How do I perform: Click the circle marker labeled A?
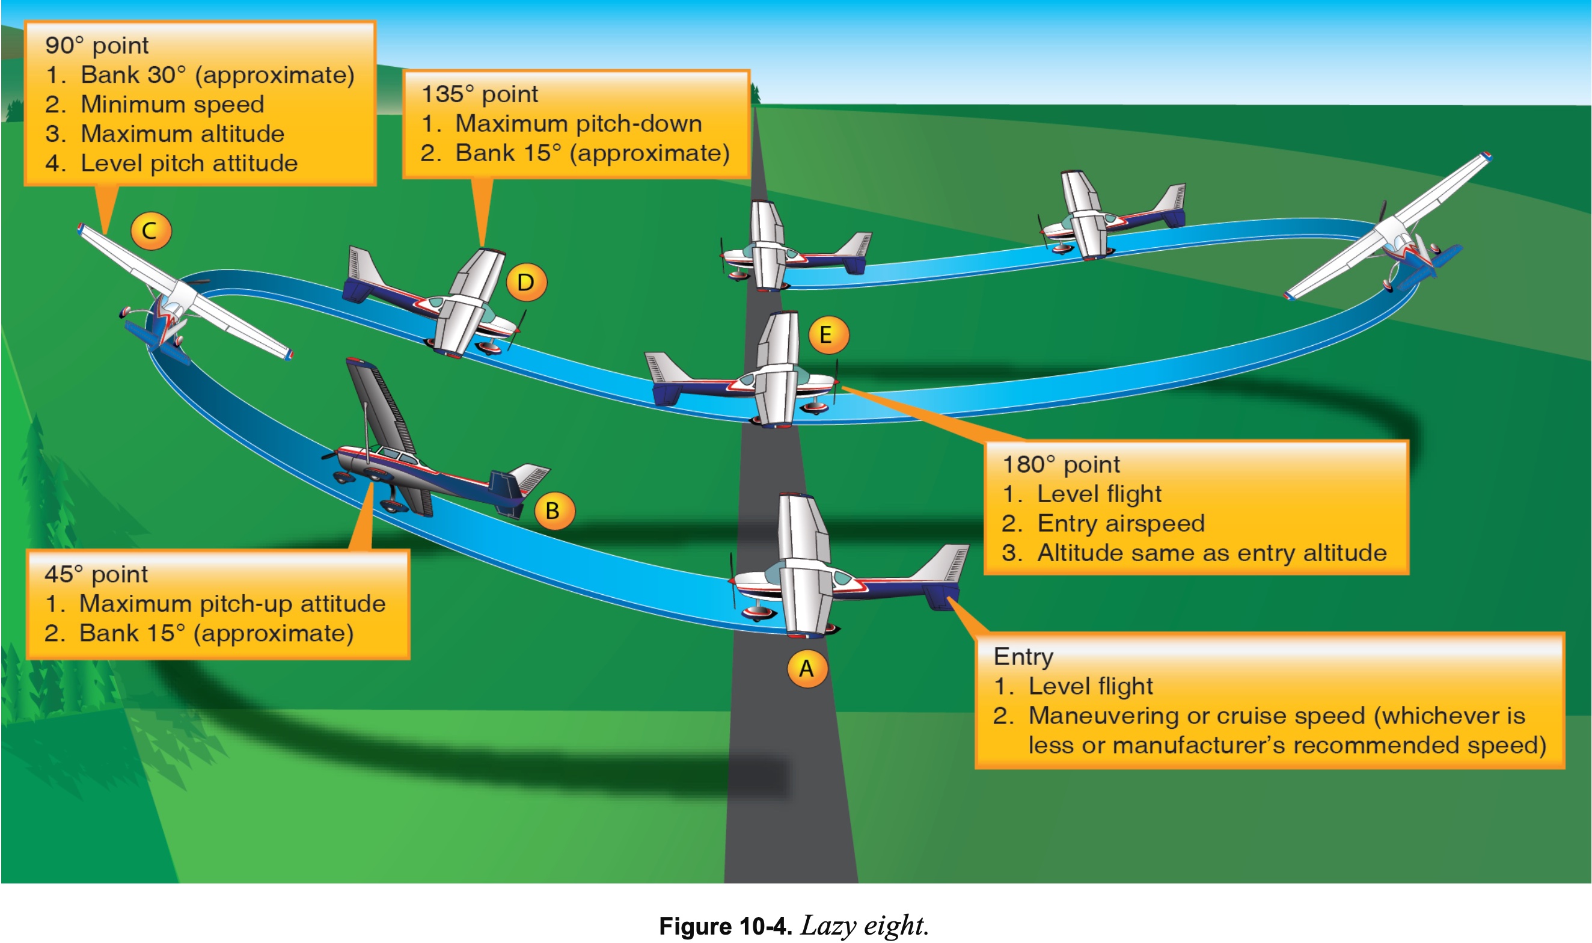[x=806, y=669]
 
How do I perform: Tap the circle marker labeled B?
[x=553, y=510]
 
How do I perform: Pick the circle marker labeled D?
[x=526, y=282]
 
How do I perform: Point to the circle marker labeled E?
[x=827, y=334]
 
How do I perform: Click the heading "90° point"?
[x=97, y=46]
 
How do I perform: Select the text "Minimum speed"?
[x=171, y=104]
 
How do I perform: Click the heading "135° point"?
[x=480, y=94]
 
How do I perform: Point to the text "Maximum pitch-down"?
[x=578, y=123]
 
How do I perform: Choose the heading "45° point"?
[x=96, y=574]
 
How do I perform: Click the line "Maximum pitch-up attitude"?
[x=232, y=604]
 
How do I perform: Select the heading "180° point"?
[x=1061, y=464]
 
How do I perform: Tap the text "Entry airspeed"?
[x=1121, y=524]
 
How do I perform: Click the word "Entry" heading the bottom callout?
[x=1023, y=656]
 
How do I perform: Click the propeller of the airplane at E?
[x=836, y=381]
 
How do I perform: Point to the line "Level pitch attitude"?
[x=189, y=164]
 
